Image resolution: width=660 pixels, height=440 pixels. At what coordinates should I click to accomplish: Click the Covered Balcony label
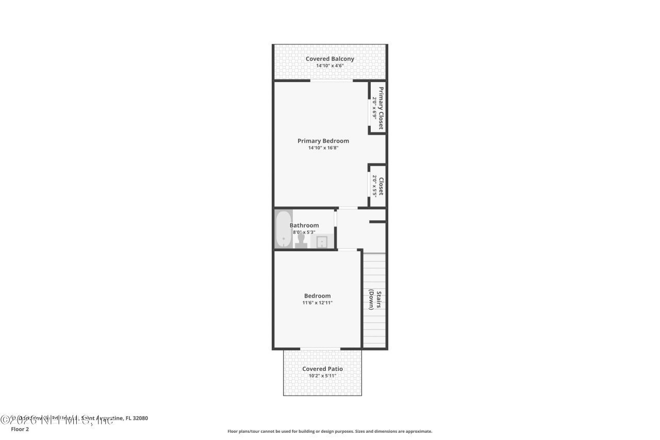click(329, 59)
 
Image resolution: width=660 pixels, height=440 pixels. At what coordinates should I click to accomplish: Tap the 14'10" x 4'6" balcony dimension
click(329, 66)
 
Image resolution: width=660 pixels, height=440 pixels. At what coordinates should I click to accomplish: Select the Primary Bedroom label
click(323, 141)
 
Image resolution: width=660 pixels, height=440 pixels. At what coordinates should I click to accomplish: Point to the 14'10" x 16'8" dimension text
click(323, 148)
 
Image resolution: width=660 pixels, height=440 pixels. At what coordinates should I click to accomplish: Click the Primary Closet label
click(381, 108)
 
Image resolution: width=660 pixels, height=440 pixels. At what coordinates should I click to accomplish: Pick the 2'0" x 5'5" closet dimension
click(374, 186)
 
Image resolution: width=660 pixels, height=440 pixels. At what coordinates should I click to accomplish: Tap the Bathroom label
click(304, 225)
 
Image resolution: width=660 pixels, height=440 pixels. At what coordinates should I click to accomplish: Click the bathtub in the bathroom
click(283, 230)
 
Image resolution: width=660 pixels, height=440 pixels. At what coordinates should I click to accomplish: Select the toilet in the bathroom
click(301, 241)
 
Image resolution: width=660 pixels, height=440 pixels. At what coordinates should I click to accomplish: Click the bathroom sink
click(322, 241)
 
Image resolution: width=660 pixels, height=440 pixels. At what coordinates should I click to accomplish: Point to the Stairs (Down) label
click(375, 300)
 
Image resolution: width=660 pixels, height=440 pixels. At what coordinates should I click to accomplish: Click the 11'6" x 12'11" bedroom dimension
click(317, 303)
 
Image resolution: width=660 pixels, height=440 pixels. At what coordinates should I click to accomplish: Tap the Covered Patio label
click(322, 369)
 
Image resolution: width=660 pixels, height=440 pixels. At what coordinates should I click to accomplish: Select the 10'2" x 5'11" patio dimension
click(322, 376)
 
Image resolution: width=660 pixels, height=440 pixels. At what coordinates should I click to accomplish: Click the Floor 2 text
click(20, 429)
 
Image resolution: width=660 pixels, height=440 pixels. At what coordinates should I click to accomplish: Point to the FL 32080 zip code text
click(137, 418)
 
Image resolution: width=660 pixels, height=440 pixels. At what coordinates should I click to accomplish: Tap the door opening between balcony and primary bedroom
click(331, 81)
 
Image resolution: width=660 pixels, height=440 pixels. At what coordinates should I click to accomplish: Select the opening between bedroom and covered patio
click(320, 349)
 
